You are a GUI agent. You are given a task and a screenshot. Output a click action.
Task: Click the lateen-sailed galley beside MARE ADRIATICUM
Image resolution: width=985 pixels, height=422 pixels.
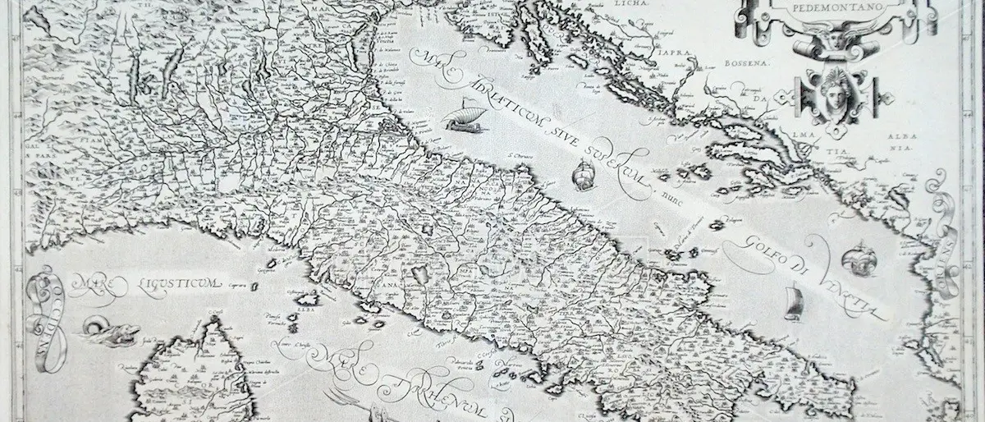461,119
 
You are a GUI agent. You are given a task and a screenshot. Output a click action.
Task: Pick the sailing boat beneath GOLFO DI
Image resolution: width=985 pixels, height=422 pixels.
794,301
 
